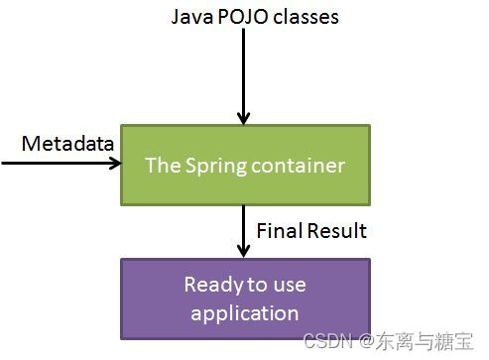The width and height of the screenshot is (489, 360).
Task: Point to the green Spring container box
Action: click(x=245, y=165)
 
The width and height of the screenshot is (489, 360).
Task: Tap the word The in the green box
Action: click(x=162, y=165)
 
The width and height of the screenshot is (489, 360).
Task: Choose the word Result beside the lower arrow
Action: click(x=336, y=231)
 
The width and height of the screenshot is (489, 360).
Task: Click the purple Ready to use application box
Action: click(x=245, y=299)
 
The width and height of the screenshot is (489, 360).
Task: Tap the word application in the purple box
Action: click(x=245, y=312)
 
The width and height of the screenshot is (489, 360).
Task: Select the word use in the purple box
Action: click(x=288, y=285)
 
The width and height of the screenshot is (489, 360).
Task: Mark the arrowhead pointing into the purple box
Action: click(x=241, y=250)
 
